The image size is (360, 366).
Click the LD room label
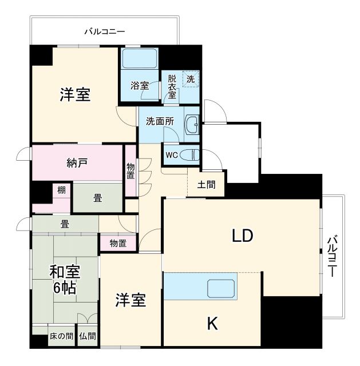(x=242, y=236)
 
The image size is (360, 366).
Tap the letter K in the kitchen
(x=212, y=324)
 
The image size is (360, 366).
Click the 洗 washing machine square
(x=191, y=79)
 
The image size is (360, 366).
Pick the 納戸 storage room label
(x=76, y=163)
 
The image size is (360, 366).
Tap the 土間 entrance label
(x=206, y=185)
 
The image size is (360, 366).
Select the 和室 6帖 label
(x=64, y=279)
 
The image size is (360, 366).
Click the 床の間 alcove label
(x=61, y=337)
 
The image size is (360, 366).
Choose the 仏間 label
(x=88, y=337)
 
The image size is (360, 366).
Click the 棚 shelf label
(x=61, y=190)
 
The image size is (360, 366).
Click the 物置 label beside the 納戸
(x=131, y=171)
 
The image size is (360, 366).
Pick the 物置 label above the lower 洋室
(x=118, y=243)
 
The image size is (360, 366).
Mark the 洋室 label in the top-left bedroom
(x=75, y=94)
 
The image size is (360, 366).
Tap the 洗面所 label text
(x=160, y=121)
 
